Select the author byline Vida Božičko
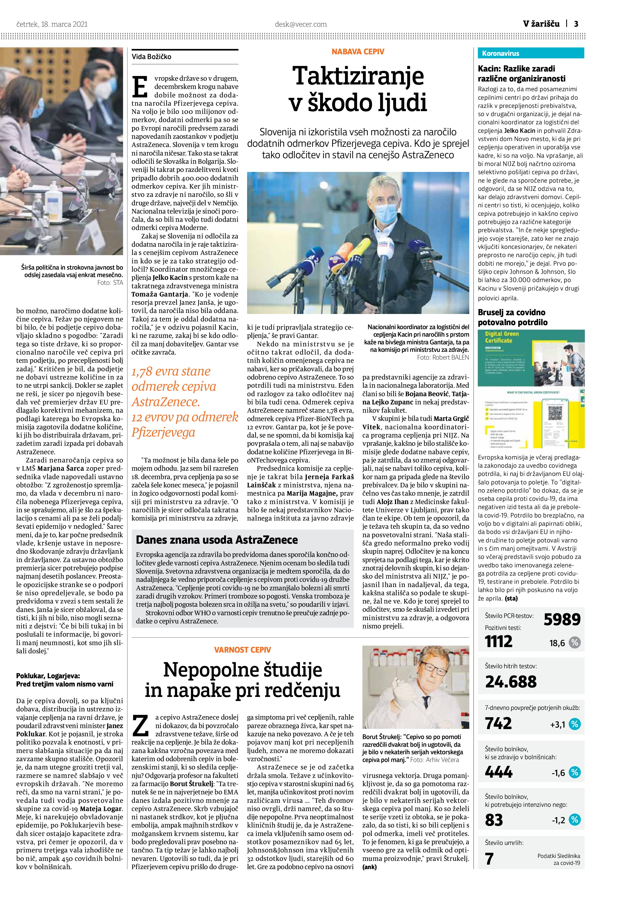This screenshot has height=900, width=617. coord(151,57)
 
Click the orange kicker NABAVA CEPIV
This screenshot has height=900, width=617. coord(358,52)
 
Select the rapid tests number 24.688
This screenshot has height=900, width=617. coord(511,681)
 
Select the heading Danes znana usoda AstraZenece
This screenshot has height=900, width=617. coord(217,540)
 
